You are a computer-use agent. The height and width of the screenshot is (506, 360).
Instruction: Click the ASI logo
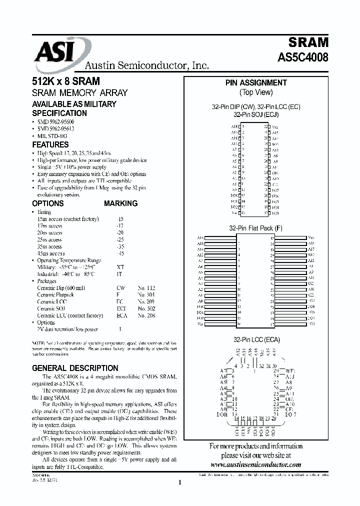57,53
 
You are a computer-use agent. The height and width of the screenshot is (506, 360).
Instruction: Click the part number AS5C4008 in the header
303,57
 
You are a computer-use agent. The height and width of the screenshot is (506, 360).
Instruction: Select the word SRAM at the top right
308,41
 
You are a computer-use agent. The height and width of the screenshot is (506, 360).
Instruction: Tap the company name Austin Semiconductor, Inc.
146,65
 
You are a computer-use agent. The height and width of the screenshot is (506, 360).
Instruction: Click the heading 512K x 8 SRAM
65,81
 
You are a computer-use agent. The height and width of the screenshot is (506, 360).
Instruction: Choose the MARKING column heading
120,203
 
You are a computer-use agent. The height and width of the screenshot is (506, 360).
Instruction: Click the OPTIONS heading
48,203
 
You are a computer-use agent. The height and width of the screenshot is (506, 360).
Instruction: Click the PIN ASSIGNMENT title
255,83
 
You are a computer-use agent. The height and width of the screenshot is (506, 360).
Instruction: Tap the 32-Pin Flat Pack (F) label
255,228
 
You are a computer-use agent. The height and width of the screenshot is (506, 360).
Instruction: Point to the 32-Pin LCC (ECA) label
255,339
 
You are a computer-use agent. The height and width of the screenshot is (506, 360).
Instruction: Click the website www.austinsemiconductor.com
255,464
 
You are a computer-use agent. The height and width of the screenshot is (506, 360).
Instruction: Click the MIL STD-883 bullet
52,135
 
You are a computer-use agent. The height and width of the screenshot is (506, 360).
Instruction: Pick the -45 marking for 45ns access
119,253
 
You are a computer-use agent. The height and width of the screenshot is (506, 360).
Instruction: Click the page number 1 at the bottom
179,482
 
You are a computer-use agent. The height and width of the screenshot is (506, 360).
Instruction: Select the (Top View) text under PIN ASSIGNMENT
255,92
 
